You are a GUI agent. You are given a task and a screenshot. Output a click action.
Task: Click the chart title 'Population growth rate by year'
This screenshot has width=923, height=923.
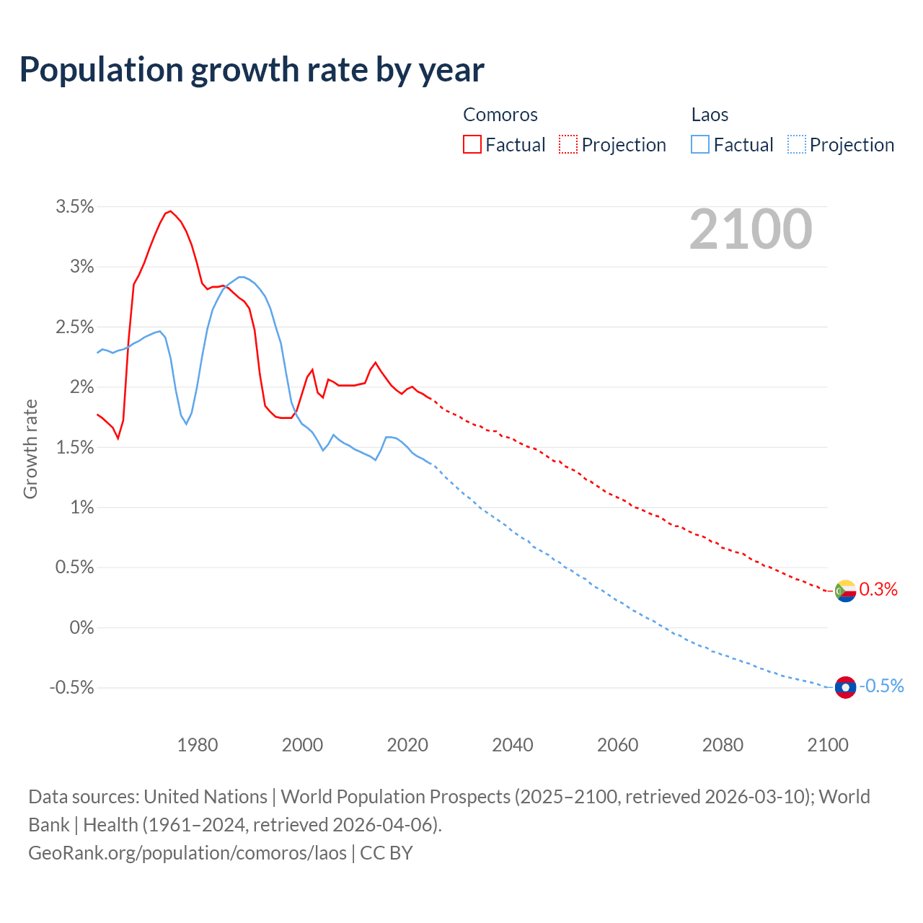pyautogui.click(x=252, y=70)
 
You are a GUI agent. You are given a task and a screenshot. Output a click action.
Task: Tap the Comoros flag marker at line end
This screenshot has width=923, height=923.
pyautogui.click(x=845, y=591)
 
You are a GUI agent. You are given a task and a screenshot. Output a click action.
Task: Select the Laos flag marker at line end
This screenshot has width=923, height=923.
pyautogui.click(x=845, y=687)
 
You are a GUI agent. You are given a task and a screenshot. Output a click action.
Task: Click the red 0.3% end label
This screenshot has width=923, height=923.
pyautogui.click(x=878, y=590)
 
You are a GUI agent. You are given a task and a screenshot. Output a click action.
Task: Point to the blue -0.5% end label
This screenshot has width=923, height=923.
pyautogui.click(x=881, y=686)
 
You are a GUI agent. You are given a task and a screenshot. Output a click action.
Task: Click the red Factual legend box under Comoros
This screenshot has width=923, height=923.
pyautogui.click(x=472, y=145)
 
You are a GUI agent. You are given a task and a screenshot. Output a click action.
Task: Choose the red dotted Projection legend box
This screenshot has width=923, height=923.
pyautogui.click(x=568, y=145)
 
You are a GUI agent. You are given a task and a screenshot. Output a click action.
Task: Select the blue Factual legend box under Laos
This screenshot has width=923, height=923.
pyautogui.click(x=699, y=145)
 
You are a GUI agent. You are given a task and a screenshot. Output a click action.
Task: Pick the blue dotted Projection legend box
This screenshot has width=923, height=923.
pyautogui.click(x=796, y=145)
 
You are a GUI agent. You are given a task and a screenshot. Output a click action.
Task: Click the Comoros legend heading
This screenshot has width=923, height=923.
pyautogui.click(x=500, y=115)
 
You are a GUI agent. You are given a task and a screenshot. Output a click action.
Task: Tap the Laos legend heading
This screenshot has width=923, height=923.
pyautogui.click(x=710, y=115)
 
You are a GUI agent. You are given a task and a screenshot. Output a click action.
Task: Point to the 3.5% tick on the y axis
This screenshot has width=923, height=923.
pyautogui.click(x=75, y=207)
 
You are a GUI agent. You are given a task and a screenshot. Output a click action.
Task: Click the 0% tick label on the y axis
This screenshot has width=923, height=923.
pyautogui.click(x=81, y=627)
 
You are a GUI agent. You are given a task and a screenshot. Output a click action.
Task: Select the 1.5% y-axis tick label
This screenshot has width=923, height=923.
pyautogui.click(x=75, y=447)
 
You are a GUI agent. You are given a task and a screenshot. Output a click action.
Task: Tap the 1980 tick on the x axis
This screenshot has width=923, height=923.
pyautogui.click(x=198, y=745)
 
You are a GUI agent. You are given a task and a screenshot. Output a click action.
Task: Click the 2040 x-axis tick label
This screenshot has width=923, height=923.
pyautogui.click(x=513, y=745)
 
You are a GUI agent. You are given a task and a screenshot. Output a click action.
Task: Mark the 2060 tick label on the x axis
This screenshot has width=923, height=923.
pyautogui.click(x=618, y=745)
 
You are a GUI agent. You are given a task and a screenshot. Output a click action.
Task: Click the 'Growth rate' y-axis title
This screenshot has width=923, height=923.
pyautogui.click(x=30, y=449)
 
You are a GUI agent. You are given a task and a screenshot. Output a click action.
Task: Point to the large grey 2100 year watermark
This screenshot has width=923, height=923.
pyautogui.click(x=751, y=230)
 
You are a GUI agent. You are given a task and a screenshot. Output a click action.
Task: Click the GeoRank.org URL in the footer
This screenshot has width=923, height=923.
pyautogui.click(x=187, y=853)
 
